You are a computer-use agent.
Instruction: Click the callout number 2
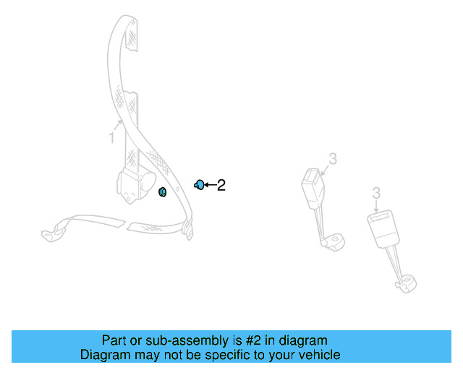(221, 186)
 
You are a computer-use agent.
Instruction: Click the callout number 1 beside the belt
(112, 137)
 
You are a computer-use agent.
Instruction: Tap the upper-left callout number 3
(333, 158)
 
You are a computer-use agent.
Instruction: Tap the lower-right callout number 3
(376, 192)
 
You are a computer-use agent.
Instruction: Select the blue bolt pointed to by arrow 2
(200, 185)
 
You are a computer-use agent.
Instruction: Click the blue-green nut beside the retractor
(163, 192)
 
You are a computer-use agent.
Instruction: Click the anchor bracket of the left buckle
(334, 239)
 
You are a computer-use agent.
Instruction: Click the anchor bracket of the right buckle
(407, 282)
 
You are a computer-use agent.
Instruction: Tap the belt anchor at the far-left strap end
(50, 233)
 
